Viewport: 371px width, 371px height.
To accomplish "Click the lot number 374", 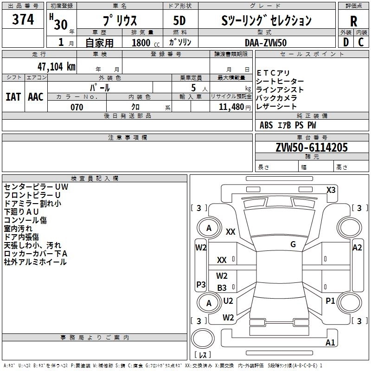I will coord(23,20).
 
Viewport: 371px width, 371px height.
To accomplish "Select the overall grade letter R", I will coord(353,21).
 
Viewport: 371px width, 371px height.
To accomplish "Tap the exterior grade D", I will coord(345,42).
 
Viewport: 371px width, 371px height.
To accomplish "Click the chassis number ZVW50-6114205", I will coord(311,148).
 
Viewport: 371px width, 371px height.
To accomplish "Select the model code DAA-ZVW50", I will coord(266,42).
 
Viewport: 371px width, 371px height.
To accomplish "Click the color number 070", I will coord(77,107).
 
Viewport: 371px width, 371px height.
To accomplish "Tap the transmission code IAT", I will coord(13,96).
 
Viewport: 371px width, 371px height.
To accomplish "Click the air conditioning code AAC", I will coord(35,96).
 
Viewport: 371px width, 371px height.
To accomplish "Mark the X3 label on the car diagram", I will coord(331,190).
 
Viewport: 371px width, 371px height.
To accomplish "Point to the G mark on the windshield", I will coord(293,244).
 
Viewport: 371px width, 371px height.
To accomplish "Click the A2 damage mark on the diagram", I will coord(357,248).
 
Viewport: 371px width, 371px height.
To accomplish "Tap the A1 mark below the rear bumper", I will coord(330,343).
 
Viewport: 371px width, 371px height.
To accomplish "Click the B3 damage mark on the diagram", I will coord(222,288).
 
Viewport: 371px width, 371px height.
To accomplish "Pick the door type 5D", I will coord(180,21).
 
